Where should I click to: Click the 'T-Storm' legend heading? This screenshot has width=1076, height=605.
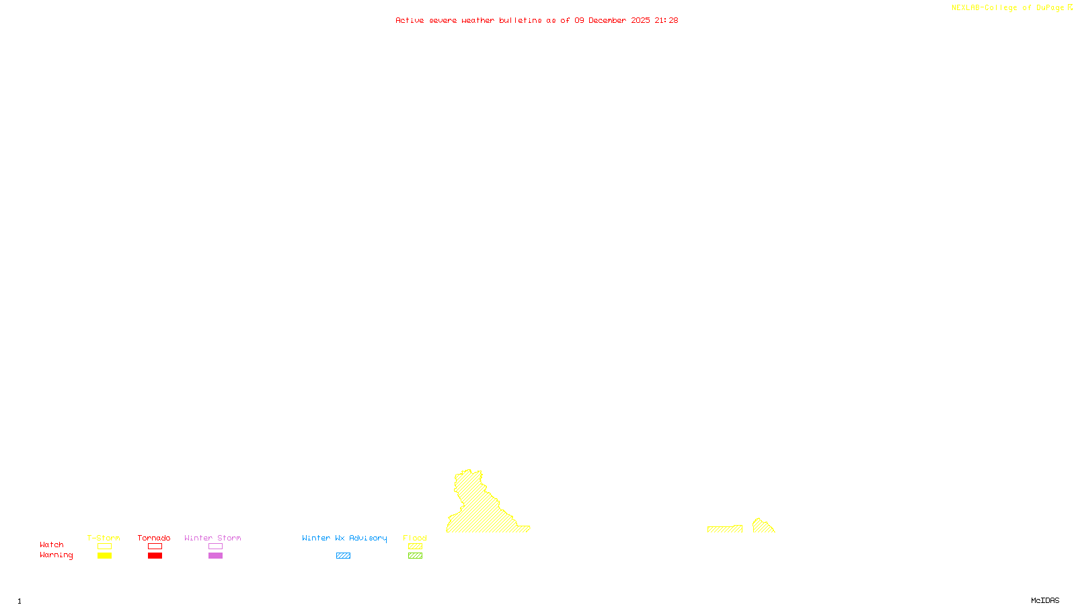coord(104,538)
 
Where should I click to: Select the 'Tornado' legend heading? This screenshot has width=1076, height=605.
coord(154,538)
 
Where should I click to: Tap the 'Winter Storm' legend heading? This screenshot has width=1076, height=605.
coord(213,538)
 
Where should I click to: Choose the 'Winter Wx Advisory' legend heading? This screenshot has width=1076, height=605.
coord(344,538)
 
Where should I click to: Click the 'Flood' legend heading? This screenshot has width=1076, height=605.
coord(415,538)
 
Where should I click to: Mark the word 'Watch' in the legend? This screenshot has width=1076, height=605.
coord(52,544)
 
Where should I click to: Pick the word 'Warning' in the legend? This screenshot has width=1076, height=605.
coord(56,555)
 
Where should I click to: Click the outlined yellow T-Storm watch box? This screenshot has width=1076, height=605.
coord(104,547)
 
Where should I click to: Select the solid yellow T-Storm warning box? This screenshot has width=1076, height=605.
coord(104,556)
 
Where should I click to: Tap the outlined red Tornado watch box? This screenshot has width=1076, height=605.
coord(155,547)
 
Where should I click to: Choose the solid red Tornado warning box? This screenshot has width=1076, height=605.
coord(155,556)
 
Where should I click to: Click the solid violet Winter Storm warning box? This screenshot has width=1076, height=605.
coord(215,556)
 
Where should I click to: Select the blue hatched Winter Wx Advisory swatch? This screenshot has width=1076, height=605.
coord(343,556)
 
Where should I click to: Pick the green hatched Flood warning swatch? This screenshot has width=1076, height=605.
coord(416,556)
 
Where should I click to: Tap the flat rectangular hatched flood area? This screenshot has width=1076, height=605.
coord(724,529)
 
